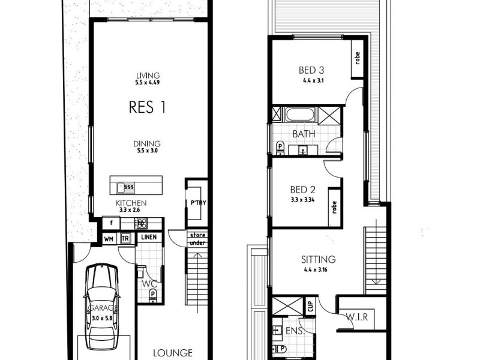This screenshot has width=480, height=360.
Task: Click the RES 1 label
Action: tap(147, 107)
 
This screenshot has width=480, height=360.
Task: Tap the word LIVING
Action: tap(147, 76)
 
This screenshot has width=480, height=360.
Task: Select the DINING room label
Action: tap(147, 143)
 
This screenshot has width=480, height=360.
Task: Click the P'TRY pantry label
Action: tap(198, 203)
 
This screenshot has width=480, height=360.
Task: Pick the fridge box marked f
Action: tap(110, 223)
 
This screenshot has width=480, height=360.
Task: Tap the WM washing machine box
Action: tap(109, 238)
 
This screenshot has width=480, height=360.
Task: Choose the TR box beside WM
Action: tap(125, 238)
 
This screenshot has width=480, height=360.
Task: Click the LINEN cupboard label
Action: tap(149, 238)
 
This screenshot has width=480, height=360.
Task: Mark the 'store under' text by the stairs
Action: tap(197, 239)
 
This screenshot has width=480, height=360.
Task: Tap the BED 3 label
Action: tap(311, 70)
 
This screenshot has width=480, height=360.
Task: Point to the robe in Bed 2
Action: tap(334, 207)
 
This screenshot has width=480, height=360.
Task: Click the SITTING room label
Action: tap(318, 260)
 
